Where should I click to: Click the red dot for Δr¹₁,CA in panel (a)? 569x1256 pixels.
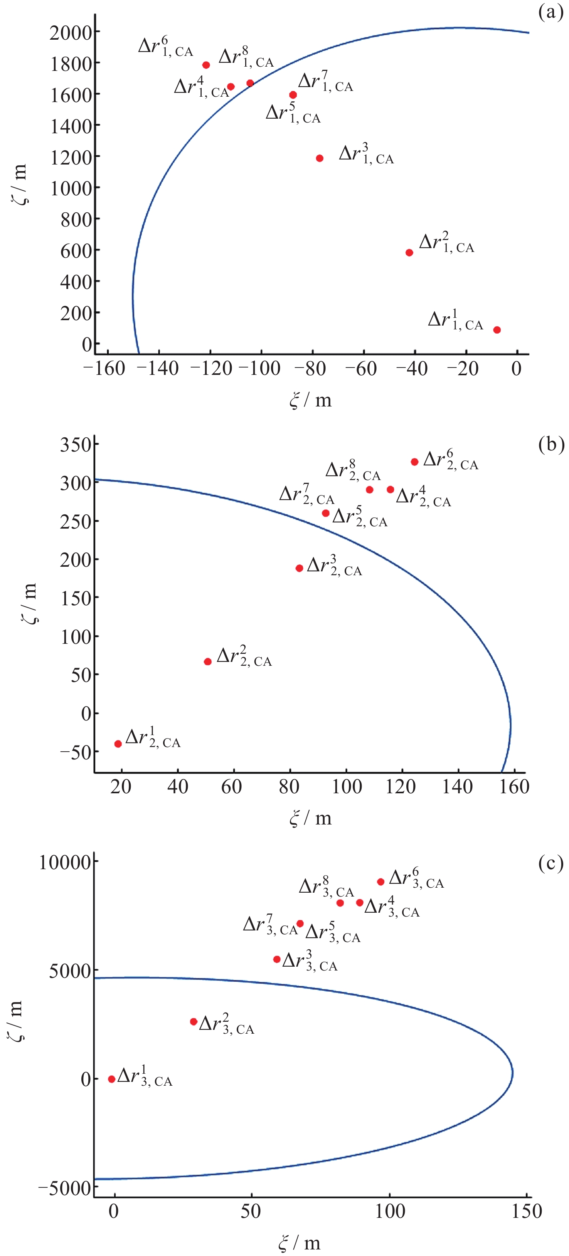tap(497, 330)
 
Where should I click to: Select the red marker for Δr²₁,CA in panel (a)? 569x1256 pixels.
tap(409, 253)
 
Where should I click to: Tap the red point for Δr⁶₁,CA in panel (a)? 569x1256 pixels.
tap(206, 65)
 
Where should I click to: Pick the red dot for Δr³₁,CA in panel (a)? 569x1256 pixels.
tap(320, 158)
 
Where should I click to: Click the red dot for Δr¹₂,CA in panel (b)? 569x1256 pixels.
tap(118, 744)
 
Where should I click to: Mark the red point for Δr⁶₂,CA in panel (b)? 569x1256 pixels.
tap(414, 462)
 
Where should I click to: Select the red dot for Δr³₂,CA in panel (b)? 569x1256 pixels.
tap(299, 568)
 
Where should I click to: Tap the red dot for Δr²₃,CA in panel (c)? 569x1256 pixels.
tap(193, 1021)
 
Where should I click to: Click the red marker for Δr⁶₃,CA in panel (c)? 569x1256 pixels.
tap(380, 882)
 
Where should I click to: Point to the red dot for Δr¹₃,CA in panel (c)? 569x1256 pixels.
tap(111, 1079)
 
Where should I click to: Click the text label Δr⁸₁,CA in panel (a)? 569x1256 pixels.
tap(246, 57)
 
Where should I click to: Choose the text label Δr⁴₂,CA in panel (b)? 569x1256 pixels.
tap(423, 497)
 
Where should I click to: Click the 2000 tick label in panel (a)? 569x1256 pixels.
tap(71, 33)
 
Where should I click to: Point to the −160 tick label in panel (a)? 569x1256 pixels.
tap(104, 369)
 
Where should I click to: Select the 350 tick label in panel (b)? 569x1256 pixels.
tap(76, 445)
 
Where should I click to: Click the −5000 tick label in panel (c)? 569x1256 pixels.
tap(65, 1188)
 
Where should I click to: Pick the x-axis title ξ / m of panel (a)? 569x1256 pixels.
tap(310, 401)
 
